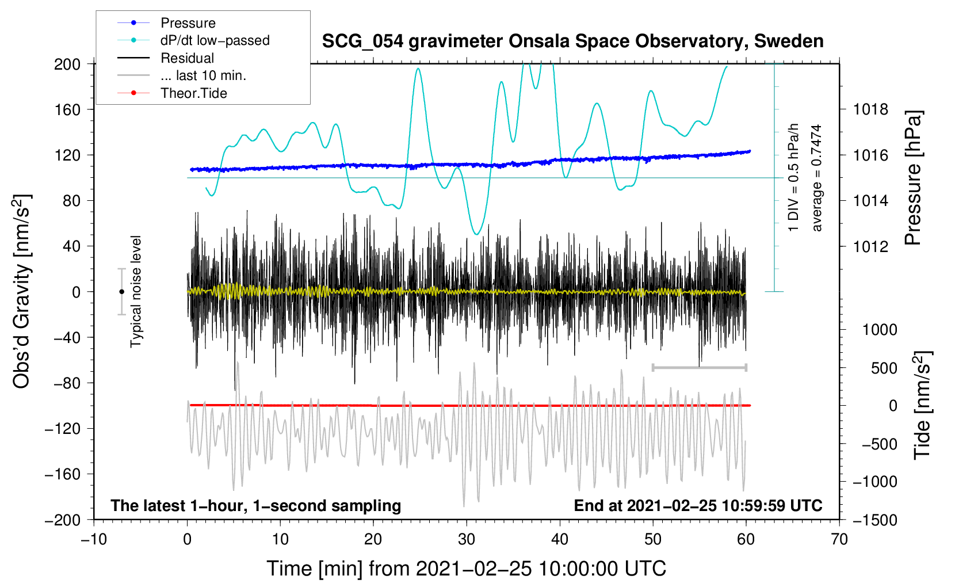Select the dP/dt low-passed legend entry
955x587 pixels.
click(215, 40)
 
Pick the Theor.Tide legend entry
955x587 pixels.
click(193, 93)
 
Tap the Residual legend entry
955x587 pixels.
click(187, 58)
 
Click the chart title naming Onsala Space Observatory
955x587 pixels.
click(572, 41)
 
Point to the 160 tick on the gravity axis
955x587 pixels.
click(67, 109)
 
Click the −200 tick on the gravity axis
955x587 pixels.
click(63, 520)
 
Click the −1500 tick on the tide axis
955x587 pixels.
click(874, 520)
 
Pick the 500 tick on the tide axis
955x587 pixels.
click(884, 368)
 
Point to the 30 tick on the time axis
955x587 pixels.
click(467, 539)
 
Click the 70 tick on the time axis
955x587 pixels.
click(839, 539)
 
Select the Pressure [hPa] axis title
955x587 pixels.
click(913, 178)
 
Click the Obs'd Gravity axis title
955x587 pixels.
click(21, 291)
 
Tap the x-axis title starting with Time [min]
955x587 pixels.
click(467, 569)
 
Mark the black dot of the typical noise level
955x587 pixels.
click(121, 292)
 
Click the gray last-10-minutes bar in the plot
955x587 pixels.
click(699, 367)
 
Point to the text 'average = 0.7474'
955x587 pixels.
click(816, 178)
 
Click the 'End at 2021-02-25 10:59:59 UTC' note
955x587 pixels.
click(698, 505)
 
